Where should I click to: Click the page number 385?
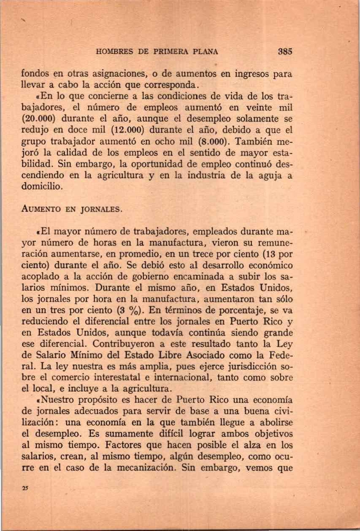286,52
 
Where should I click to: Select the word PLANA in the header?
204,52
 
